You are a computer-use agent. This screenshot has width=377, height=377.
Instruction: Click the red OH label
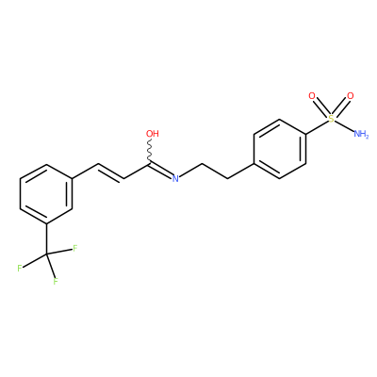[153, 134]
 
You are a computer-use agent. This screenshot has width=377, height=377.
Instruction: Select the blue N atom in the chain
[175, 178]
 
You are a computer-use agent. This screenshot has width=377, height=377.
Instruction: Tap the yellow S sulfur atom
[331, 119]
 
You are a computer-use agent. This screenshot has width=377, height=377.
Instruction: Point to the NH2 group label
[361, 134]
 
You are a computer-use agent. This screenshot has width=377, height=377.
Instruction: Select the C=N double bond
[160, 170]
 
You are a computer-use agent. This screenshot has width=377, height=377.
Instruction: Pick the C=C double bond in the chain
[111, 172]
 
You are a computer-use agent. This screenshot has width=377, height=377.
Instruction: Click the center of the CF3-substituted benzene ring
[46, 194]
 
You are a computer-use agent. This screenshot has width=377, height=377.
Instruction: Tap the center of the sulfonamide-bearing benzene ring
[280, 149]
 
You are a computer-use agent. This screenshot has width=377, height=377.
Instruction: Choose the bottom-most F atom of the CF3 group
[56, 281]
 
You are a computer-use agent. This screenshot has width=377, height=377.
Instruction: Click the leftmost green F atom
[20, 269]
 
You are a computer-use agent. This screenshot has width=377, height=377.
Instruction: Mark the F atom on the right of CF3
[75, 249]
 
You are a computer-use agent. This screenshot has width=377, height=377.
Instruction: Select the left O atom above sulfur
[312, 96]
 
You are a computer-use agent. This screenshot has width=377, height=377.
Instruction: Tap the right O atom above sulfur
[351, 96]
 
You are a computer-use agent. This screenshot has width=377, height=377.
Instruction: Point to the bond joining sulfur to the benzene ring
[317, 127]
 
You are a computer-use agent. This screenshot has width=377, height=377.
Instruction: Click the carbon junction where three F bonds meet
[47, 254]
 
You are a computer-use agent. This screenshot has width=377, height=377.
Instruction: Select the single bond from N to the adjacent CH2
[190, 172]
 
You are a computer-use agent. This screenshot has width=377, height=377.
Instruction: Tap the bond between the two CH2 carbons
[215, 172]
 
